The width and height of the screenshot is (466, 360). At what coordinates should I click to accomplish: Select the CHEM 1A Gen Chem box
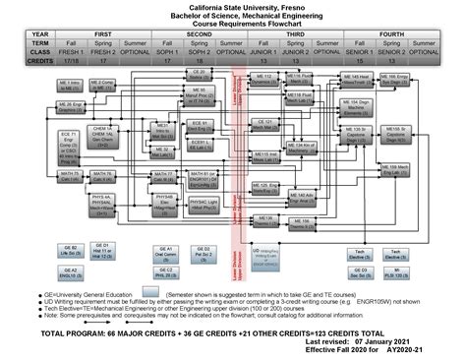tap(101, 135)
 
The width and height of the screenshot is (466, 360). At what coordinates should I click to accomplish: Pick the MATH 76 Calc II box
tap(102, 176)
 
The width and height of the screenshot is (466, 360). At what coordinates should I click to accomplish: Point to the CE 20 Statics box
tap(198, 74)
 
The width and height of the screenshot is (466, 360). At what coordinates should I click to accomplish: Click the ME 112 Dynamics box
tap(262, 78)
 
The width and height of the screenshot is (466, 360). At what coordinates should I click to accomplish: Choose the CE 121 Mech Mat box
tap(263, 126)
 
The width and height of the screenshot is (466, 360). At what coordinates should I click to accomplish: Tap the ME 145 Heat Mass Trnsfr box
tap(356, 78)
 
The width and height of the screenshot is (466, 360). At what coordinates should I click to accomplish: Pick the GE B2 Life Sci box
tap(70, 250)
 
